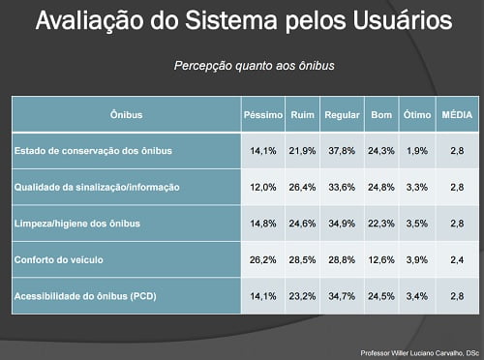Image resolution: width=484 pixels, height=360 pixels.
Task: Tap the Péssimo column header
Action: pos(262,114)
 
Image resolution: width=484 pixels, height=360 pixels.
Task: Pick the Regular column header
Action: pos(341,114)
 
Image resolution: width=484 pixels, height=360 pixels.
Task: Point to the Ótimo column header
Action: pos(416,114)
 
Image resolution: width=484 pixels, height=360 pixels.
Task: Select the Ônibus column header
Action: pos(127,114)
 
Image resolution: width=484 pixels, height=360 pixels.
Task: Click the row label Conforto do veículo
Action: pos(57,259)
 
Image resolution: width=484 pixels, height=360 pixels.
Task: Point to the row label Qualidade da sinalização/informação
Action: pos(96,187)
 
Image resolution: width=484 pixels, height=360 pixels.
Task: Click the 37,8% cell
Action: pos(341,151)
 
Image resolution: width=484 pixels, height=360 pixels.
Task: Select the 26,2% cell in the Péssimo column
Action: pos(263,259)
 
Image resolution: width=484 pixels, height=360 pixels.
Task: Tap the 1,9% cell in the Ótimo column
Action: pos(416,151)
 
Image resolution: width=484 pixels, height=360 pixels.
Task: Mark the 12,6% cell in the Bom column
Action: pos(380,259)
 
